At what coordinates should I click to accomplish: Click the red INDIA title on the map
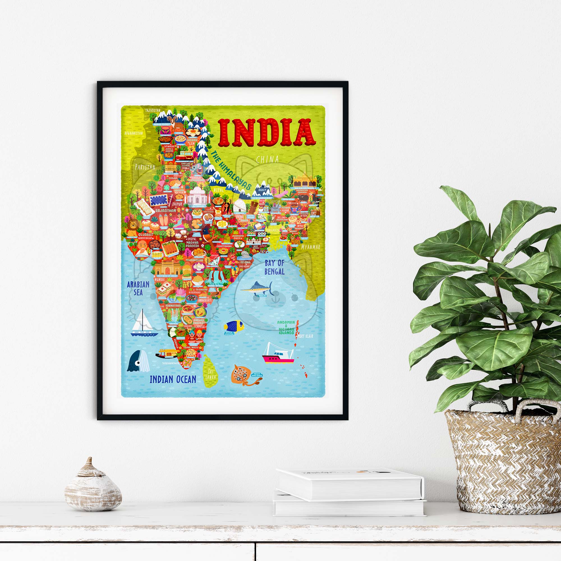tap(266, 133)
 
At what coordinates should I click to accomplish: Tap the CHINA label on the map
tap(267, 159)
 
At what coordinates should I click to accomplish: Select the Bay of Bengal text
tap(274, 267)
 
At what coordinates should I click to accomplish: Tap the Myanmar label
tap(311, 247)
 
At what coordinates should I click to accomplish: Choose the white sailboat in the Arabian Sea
tap(143, 323)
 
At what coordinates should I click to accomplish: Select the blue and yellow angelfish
tap(234, 326)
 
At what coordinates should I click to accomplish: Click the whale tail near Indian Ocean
tap(138, 361)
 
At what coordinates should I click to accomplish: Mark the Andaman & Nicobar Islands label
tap(286, 327)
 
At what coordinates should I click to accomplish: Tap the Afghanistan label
tap(134, 133)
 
